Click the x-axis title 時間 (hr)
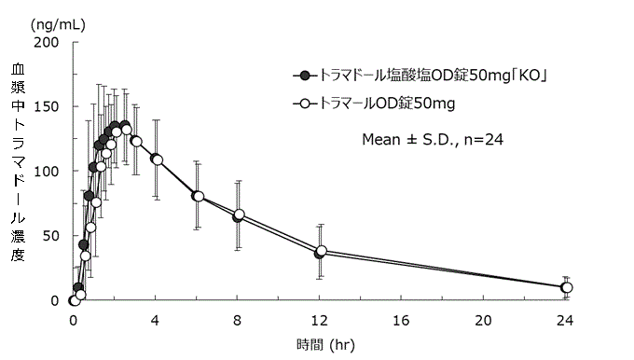click(324, 343)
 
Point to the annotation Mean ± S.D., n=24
click(433, 139)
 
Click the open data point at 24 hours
click(566, 287)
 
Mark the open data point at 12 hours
click(321, 251)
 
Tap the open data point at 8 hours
click(239, 215)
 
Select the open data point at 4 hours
click(157, 159)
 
